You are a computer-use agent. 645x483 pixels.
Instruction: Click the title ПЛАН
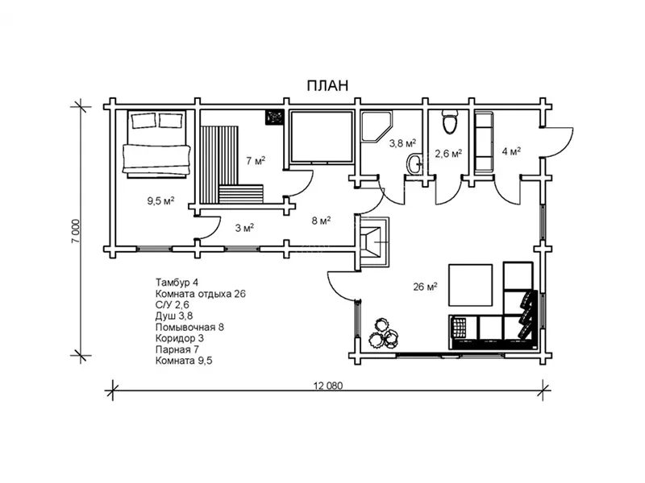point(327,85)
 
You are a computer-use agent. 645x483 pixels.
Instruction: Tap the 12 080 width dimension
point(328,386)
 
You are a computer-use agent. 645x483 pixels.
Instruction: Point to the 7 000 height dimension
point(75,231)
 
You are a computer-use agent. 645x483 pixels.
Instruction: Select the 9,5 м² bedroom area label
point(160,200)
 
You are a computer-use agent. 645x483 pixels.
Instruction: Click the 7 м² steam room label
point(256,160)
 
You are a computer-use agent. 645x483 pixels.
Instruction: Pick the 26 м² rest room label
point(425,287)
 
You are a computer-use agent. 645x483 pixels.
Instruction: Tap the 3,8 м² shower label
point(402,143)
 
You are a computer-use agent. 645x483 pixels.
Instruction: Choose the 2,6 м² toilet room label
point(448,154)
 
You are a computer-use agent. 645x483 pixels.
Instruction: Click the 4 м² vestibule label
point(511,151)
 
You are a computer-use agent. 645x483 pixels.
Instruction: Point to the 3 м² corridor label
point(244,228)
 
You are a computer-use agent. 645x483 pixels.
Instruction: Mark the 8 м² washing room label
point(321,221)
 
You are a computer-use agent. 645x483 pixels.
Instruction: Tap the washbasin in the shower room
point(414,163)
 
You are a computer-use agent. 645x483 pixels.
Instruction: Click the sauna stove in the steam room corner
point(274,117)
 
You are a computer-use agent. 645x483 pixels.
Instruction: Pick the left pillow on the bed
point(144,121)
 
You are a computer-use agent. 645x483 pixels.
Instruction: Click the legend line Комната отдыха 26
point(200,294)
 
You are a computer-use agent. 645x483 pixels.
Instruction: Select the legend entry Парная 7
point(177,349)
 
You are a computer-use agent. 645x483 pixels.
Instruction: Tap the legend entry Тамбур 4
point(177,283)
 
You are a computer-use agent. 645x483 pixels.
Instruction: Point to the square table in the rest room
point(470,285)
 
